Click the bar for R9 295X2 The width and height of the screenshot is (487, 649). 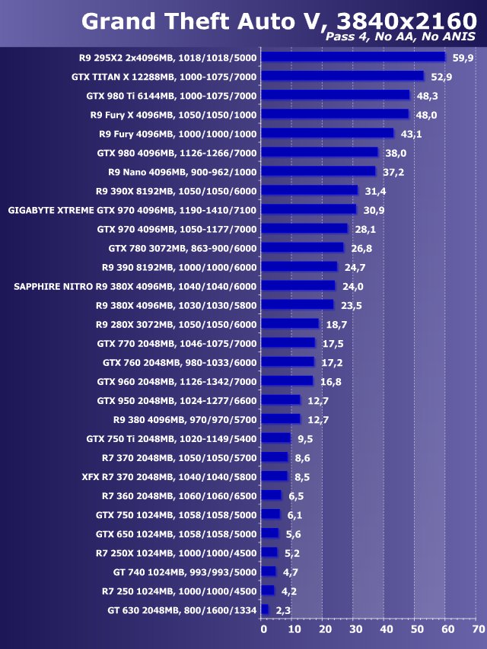pyautogui.click(x=352, y=57)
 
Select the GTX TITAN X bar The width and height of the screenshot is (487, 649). pyautogui.click(x=342, y=76)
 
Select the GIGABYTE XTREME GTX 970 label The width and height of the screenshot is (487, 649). pyautogui.click(x=132, y=209)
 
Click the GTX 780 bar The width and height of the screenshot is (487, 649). pyautogui.click(x=301, y=247)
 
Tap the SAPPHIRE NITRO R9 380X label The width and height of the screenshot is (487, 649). pyautogui.click(x=135, y=285)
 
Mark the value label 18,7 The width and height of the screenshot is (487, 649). pyautogui.click(x=337, y=323)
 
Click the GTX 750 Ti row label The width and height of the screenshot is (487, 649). pyautogui.click(x=172, y=437)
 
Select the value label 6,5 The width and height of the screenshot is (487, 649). pyautogui.click(x=296, y=495)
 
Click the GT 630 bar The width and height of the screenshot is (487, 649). pyautogui.click(x=264, y=609)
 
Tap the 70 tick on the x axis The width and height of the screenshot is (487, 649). pyautogui.click(x=479, y=630)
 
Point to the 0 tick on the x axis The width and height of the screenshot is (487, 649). pyautogui.click(x=263, y=630)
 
